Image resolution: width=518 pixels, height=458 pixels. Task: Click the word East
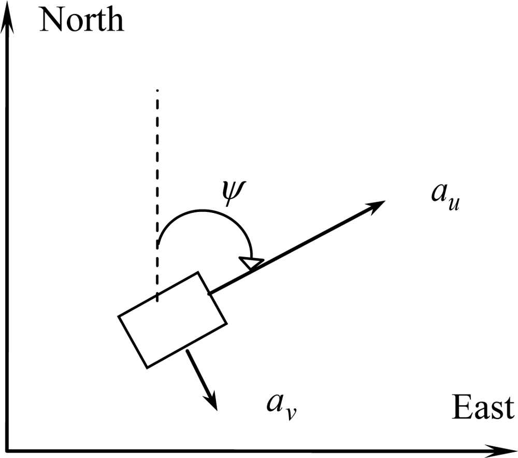(483, 408)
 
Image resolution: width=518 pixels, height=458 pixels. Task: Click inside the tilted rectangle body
(172, 320)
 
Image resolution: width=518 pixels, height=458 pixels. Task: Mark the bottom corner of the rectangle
(148, 367)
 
